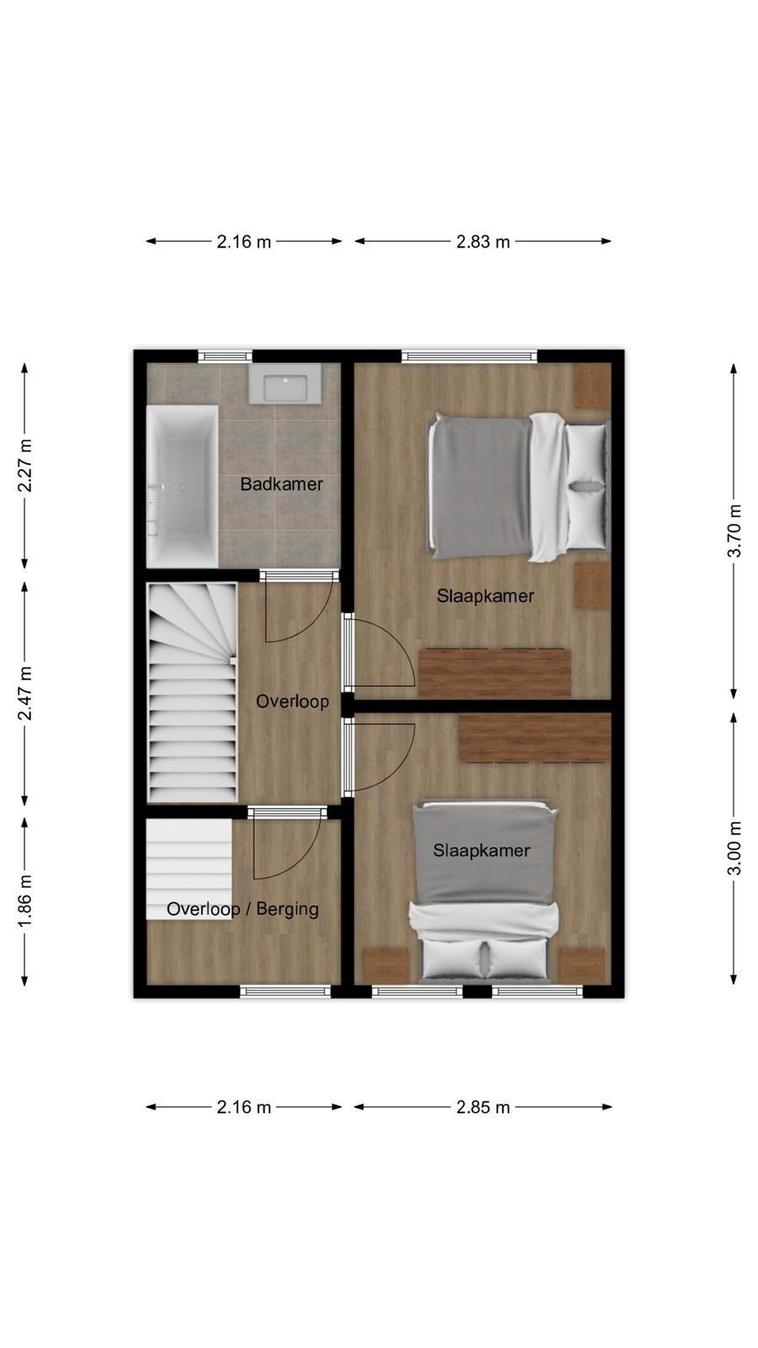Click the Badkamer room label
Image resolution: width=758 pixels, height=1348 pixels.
click(x=281, y=484)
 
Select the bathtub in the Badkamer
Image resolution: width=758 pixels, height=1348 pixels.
click(x=182, y=486)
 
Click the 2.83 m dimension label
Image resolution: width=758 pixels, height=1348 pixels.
click(x=483, y=242)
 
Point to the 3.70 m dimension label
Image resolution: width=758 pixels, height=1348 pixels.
click(x=734, y=532)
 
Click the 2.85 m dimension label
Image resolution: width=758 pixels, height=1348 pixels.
click(x=483, y=1107)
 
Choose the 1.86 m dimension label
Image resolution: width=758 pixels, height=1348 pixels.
click(x=24, y=901)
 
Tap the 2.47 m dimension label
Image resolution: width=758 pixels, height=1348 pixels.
click(x=24, y=693)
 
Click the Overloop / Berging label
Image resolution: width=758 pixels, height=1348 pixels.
click(x=243, y=909)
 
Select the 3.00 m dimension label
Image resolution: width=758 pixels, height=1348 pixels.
click(x=734, y=848)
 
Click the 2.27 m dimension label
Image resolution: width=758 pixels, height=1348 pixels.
click(x=24, y=465)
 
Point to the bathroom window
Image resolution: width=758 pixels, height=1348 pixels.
click(x=225, y=356)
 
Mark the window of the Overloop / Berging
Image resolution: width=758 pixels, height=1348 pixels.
click(x=286, y=991)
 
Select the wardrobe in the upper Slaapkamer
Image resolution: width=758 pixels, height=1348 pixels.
click(x=494, y=672)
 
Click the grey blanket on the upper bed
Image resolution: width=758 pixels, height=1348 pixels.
click(x=481, y=486)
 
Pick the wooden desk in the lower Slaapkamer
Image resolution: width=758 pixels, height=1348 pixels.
click(x=535, y=738)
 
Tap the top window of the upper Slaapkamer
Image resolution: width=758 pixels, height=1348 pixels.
click(x=469, y=356)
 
